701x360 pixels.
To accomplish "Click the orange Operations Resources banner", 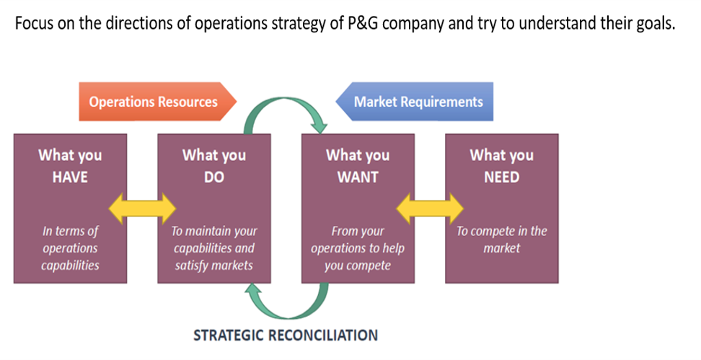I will [x=154, y=102].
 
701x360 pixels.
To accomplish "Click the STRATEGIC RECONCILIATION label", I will [x=286, y=335].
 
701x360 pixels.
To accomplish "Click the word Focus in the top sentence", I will [x=35, y=22].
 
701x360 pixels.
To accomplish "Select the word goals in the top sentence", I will [x=653, y=22].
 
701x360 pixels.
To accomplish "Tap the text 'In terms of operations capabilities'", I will [x=70, y=248].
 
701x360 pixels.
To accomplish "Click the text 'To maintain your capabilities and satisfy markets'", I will [x=213, y=248].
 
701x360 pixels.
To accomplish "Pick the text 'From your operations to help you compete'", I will [x=358, y=248].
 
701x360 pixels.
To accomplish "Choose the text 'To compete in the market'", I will [x=501, y=240].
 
